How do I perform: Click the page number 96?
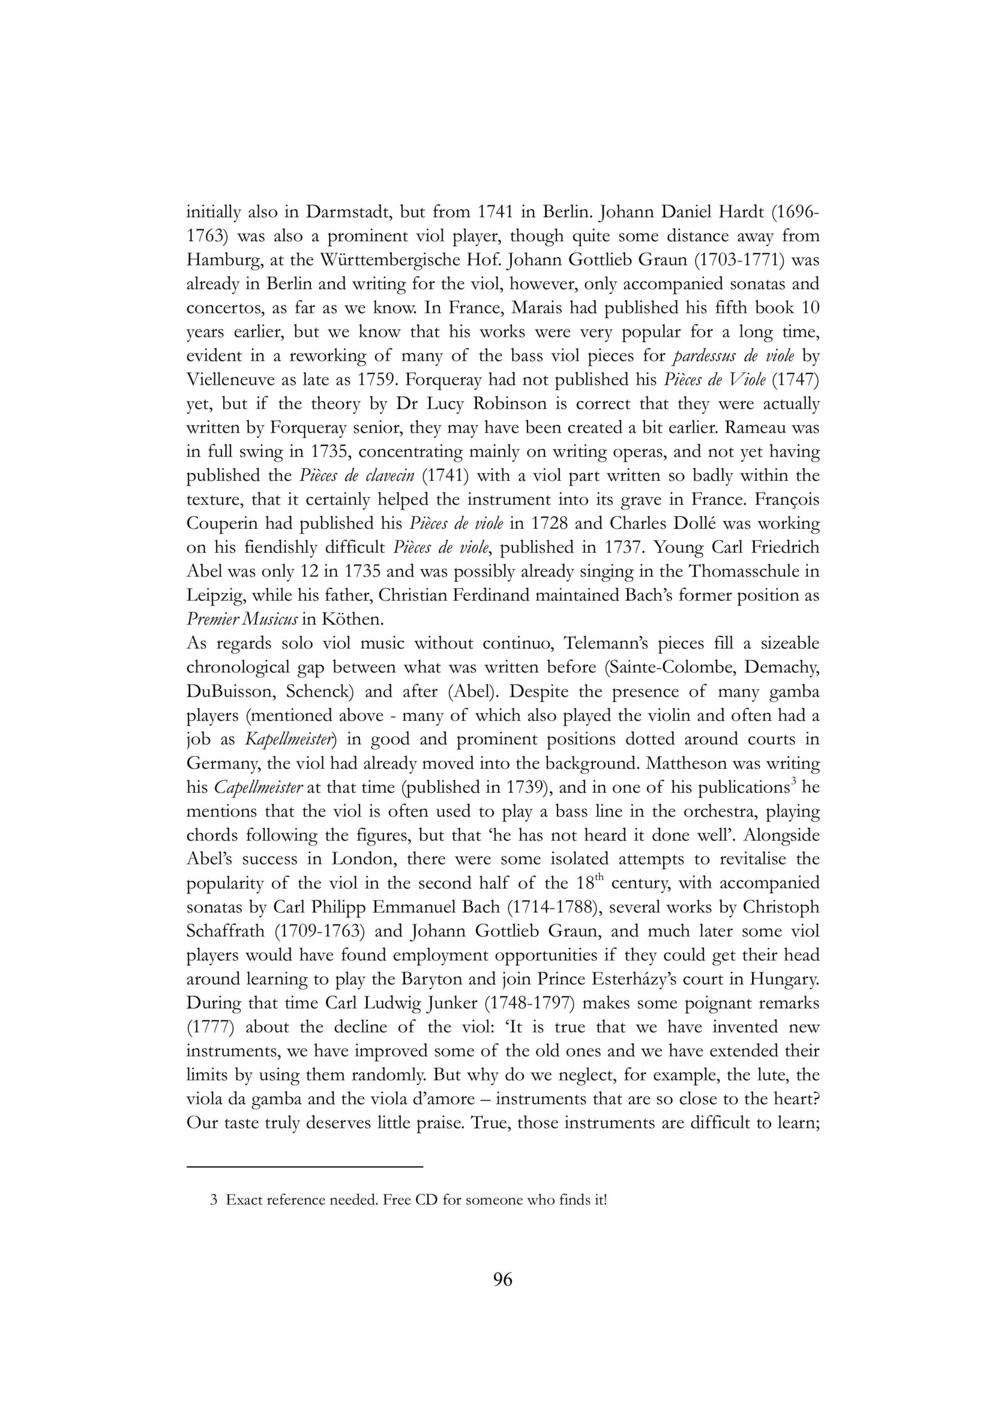tap(502, 1280)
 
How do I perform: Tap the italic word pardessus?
tap(710, 356)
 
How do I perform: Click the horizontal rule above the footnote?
tap(304, 1167)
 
